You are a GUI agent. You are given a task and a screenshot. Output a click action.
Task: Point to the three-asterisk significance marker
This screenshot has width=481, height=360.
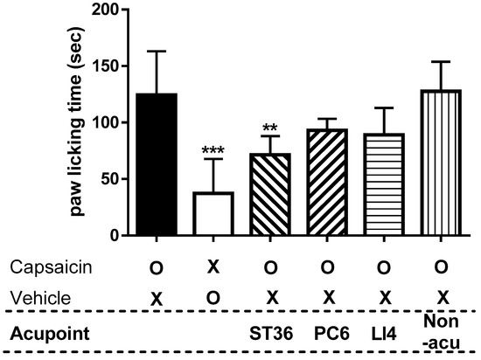click(x=213, y=151)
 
